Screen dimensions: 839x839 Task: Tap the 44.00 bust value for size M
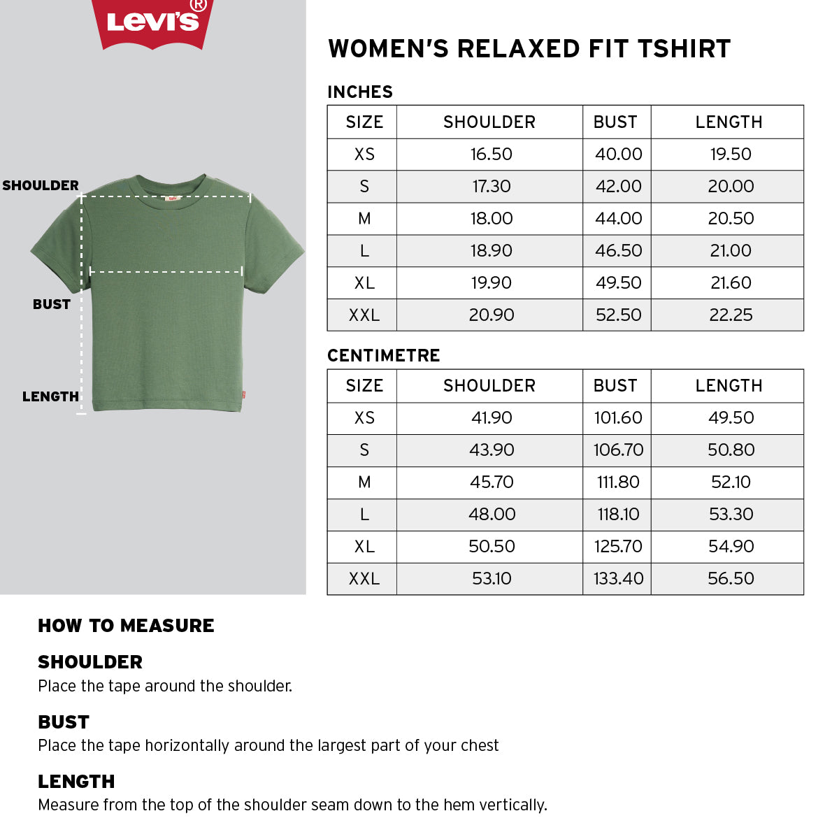pos(618,219)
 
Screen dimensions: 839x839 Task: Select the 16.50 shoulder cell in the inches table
pos(491,155)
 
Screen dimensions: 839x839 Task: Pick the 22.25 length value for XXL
pos(731,315)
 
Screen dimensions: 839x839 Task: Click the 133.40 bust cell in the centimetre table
pos(618,579)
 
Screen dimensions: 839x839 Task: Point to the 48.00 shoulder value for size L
pos(492,515)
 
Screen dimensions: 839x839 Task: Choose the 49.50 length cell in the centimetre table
pos(731,418)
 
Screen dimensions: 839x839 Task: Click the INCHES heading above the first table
pos(360,92)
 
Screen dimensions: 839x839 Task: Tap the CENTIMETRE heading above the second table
pos(384,355)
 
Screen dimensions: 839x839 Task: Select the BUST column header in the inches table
pos(615,122)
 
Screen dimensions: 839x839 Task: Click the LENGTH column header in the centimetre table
pos(729,386)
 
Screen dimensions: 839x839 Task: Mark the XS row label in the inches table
pos(364,155)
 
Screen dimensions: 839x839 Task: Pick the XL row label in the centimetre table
pos(364,547)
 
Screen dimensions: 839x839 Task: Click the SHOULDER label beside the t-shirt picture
pos(41,185)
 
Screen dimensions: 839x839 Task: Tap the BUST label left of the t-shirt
pos(52,304)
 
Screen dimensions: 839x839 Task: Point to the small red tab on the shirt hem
pos(243,395)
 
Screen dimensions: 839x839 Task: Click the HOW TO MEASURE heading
pos(126,626)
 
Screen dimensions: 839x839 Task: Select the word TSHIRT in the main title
pos(684,49)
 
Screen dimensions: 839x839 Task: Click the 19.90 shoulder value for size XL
pos(491,283)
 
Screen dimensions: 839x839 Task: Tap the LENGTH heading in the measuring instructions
pos(76,782)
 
